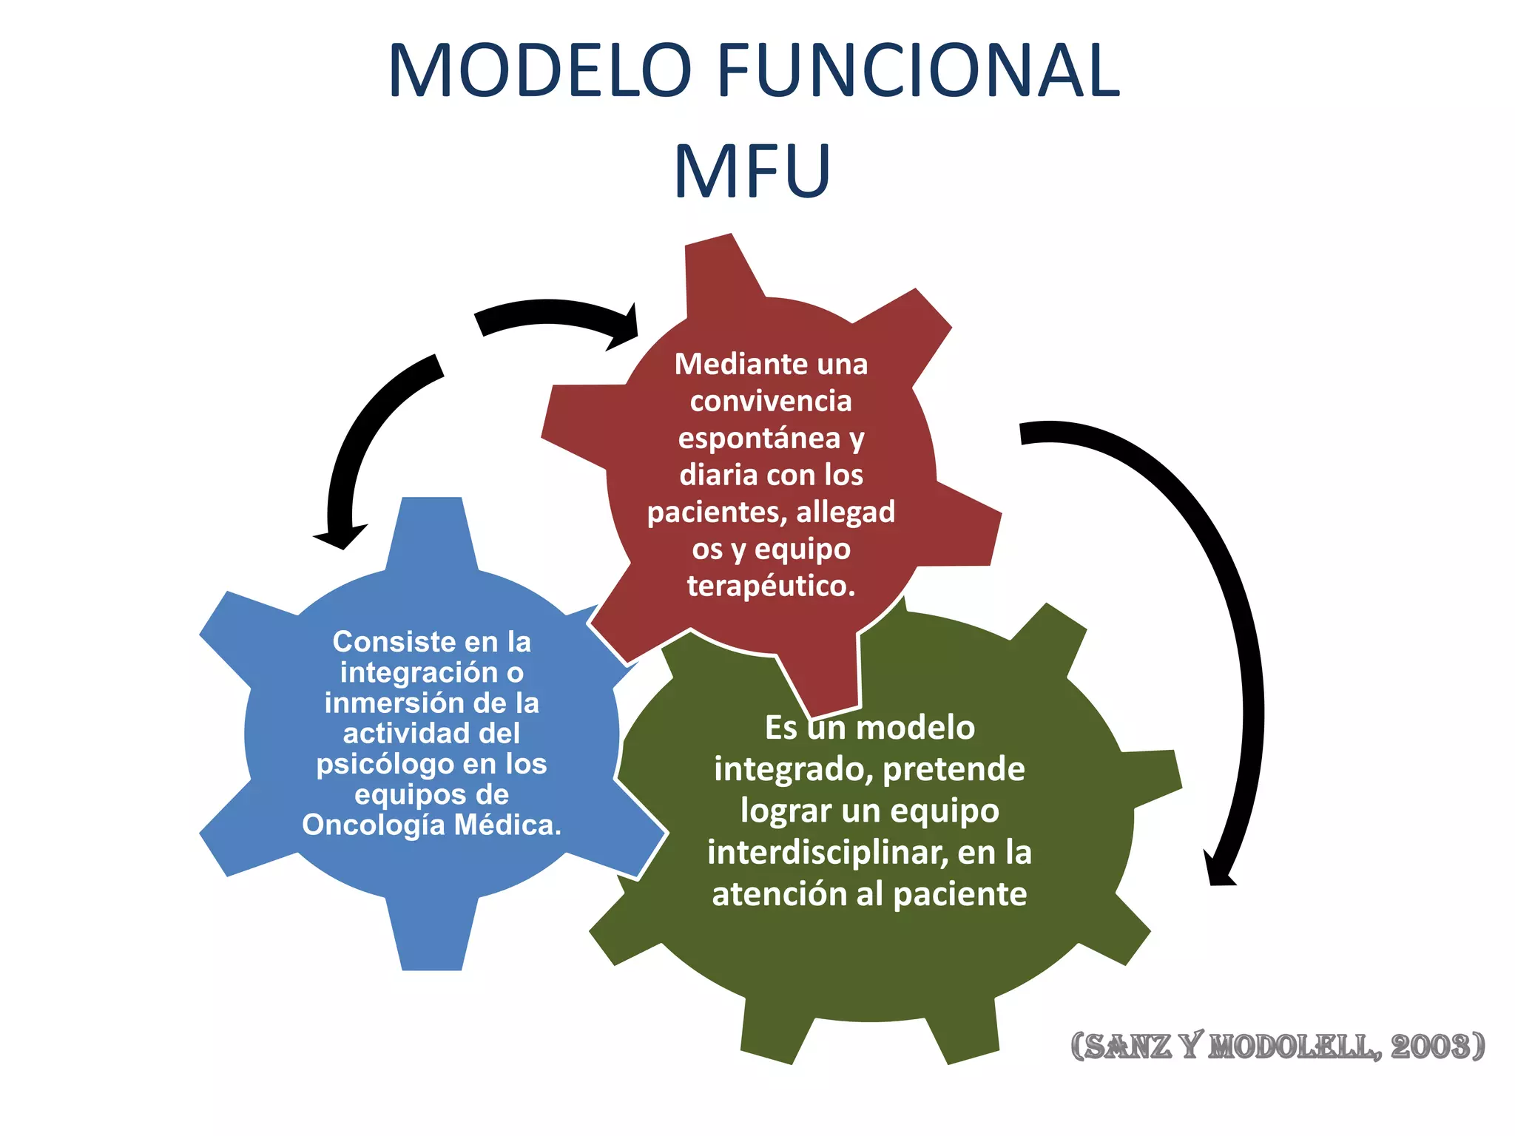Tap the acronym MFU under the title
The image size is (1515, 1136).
[752, 172]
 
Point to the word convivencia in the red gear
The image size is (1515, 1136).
[771, 401]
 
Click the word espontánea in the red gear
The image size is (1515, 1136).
[760, 438]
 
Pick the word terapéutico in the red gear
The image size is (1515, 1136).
[771, 586]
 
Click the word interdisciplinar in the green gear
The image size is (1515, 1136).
[827, 853]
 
